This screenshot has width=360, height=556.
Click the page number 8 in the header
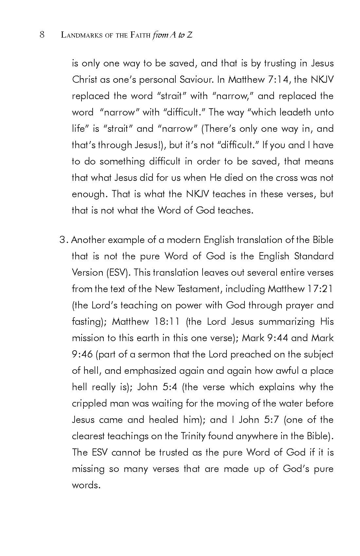42,35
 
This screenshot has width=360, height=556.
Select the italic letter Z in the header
189,35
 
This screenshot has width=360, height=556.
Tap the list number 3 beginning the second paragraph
63,240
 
